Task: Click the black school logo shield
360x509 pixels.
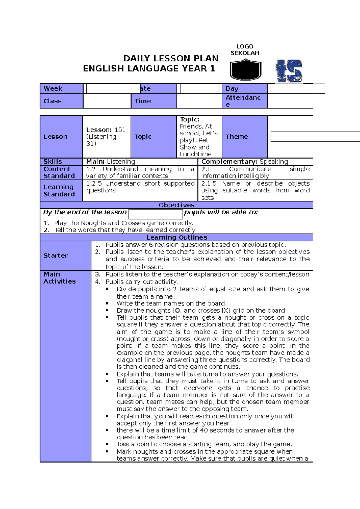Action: pyautogui.click(x=245, y=70)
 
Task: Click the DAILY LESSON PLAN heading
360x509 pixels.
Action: pyautogui.click(x=171, y=58)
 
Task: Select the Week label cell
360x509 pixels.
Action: pyautogui.click(x=61, y=89)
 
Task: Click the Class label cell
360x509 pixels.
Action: pyautogui.click(x=61, y=101)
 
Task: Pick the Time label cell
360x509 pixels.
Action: pyautogui.click(x=154, y=101)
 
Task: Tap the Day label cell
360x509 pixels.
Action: pyautogui.click(x=244, y=89)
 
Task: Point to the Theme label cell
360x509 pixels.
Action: pyautogui.click(x=244, y=137)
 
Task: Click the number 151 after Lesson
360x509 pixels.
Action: pyautogui.click(x=120, y=130)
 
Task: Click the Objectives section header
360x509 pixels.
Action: pyautogui.click(x=176, y=205)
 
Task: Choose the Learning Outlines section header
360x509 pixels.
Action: pyautogui.click(x=176, y=237)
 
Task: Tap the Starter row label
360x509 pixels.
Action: pyautogui.click(x=65, y=256)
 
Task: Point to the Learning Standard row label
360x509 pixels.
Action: pyautogui.click(x=61, y=191)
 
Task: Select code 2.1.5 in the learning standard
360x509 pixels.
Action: pyautogui.click(x=209, y=183)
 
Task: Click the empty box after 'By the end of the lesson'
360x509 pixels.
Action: pyautogui.click(x=156, y=214)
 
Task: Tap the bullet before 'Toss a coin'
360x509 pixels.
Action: pyautogui.click(x=107, y=444)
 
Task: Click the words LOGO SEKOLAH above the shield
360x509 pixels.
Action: pyautogui.click(x=245, y=50)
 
